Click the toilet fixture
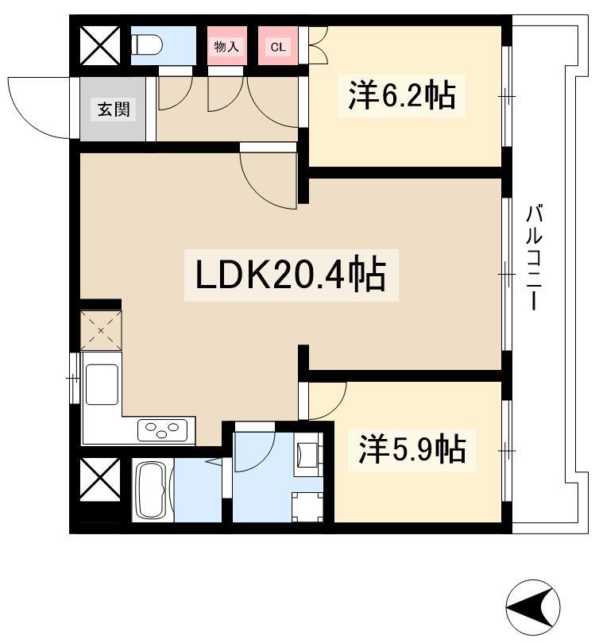click(x=146, y=44)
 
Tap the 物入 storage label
click(x=226, y=47)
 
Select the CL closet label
click(x=278, y=47)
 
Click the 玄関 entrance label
click(x=114, y=109)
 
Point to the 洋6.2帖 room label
click(x=401, y=95)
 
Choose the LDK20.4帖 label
click(x=291, y=275)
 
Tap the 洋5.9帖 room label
click(x=412, y=449)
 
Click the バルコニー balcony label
click(x=534, y=258)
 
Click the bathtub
click(x=152, y=491)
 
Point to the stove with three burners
click(x=163, y=430)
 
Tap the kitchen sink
click(x=102, y=384)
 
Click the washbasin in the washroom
click(x=306, y=454)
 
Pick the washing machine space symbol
click(x=307, y=506)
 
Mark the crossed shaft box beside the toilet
click(x=100, y=45)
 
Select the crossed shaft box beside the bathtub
click(x=100, y=479)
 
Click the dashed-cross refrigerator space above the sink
click(x=101, y=330)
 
